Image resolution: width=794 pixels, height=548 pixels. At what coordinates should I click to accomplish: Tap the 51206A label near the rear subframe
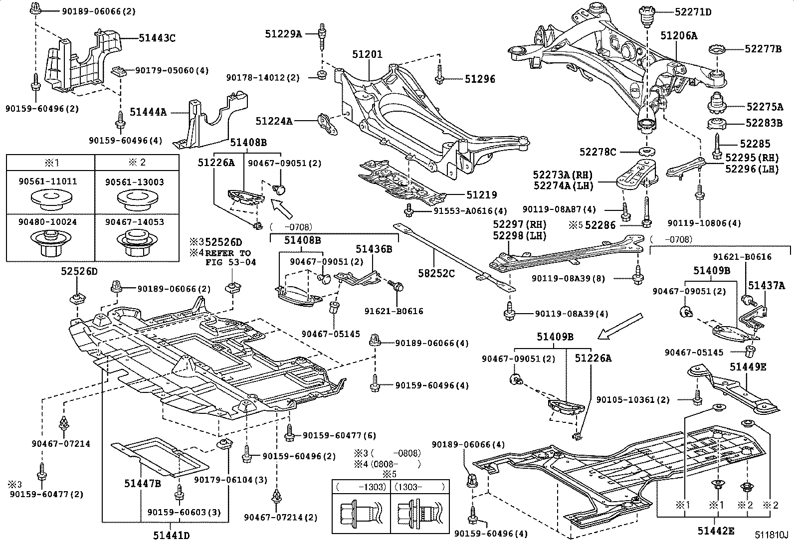click(x=679, y=36)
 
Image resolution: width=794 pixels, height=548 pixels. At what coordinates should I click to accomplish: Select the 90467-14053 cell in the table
click(x=134, y=222)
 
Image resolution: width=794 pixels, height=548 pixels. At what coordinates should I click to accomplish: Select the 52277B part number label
click(x=763, y=49)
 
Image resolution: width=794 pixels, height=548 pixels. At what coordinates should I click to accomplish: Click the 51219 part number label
click(x=482, y=195)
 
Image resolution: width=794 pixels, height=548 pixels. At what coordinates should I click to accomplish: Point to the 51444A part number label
click(x=148, y=113)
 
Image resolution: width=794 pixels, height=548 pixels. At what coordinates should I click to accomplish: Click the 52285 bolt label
click(x=755, y=144)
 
